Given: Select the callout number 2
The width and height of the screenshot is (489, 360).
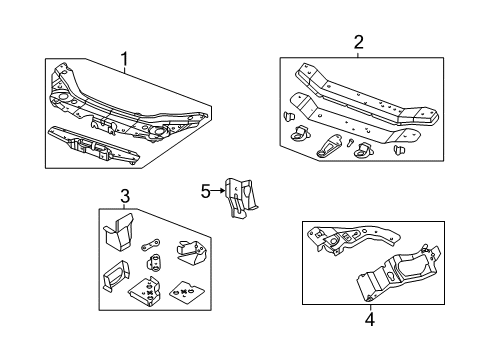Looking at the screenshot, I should click(x=358, y=42).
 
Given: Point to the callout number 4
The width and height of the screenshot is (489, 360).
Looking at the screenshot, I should click(x=369, y=320).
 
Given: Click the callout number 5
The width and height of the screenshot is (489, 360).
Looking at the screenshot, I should click(x=205, y=189).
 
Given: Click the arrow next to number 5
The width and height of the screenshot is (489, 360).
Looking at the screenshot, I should click(x=218, y=189).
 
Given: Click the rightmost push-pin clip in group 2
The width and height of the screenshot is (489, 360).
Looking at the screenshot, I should click(x=401, y=150).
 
